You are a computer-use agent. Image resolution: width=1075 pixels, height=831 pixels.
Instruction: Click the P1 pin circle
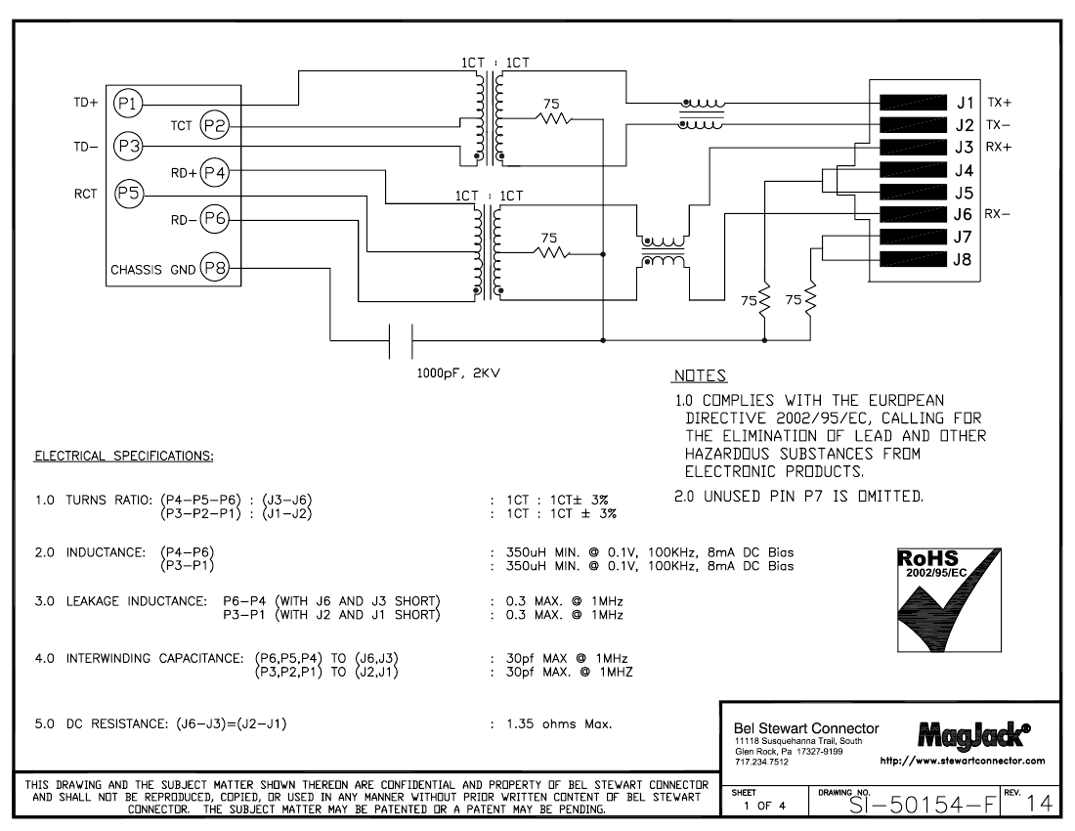(127, 105)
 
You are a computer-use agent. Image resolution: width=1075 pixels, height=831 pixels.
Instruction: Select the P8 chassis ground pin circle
(215, 268)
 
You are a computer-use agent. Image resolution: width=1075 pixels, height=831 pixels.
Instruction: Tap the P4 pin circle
(215, 173)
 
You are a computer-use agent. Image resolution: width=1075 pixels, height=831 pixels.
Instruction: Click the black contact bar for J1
(913, 103)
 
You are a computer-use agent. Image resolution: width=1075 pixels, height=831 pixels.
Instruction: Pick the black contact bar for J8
(913, 260)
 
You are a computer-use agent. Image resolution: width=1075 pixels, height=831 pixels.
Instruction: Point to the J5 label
(964, 193)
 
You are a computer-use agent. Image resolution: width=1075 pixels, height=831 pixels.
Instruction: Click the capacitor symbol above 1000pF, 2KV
(401, 341)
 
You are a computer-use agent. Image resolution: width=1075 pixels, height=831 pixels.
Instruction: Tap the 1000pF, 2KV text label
(458, 373)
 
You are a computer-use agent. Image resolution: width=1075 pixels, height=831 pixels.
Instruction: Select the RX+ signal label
(999, 147)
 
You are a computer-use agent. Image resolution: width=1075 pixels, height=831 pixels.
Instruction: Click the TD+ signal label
(86, 103)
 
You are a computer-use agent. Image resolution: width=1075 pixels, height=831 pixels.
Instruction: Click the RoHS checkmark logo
(950, 600)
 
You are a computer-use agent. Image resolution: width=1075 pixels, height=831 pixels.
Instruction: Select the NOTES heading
(700, 375)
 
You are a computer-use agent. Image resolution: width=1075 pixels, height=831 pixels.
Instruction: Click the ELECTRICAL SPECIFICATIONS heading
(124, 456)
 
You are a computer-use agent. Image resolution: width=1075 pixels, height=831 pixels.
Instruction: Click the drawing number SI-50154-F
(923, 805)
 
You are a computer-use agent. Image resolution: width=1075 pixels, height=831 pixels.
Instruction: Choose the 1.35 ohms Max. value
(559, 723)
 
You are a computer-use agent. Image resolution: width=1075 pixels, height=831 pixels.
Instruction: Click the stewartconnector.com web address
(963, 761)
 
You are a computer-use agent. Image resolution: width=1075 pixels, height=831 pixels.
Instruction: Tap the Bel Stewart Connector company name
(806, 728)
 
